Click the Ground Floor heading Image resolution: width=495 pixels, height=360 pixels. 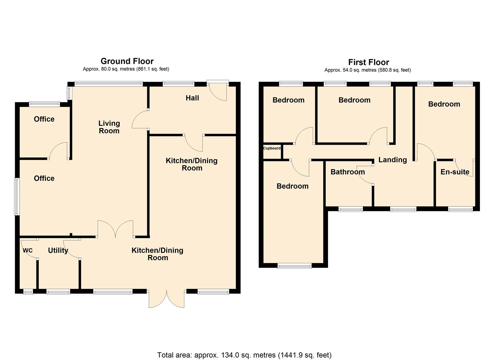127,61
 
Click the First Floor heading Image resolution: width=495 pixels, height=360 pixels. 368,62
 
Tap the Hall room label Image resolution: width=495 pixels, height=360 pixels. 192,98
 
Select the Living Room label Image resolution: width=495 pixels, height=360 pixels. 109,127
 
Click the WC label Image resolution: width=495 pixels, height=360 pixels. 28,251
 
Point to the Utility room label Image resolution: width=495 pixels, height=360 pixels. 58,250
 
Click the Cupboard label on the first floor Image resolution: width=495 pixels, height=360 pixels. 272,148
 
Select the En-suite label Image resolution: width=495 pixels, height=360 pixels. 455,172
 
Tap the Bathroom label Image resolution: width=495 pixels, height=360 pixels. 347,172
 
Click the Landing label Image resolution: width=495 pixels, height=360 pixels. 392,160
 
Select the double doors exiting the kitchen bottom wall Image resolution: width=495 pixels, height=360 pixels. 167,299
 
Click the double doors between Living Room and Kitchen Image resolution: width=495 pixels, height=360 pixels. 115,229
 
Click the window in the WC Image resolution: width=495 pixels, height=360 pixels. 28,292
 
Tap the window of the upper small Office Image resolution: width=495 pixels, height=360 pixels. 44,104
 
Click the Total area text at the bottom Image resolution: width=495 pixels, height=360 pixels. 244,355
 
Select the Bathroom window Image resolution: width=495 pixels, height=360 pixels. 350,209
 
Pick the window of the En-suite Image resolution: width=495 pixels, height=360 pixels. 460,209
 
